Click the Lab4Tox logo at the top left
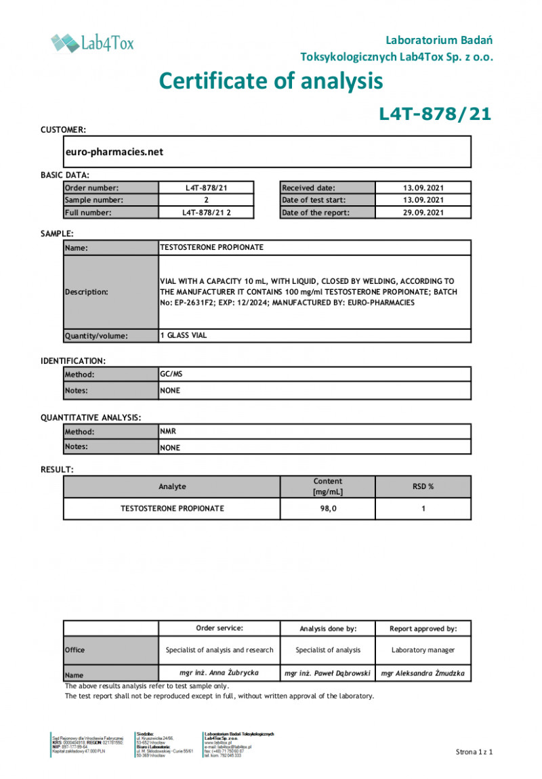(92, 43)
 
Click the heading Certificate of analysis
(271, 81)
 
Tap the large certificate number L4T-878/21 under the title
(434, 114)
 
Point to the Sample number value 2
(206, 200)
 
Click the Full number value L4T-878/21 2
(206, 212)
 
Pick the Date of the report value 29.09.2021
(423, 212)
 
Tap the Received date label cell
(327, 188)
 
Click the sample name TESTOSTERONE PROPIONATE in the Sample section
(211, 247)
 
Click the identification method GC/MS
(171, 373)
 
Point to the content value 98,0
(328, 508)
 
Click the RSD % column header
(423, 486)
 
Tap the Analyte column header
(172, 486)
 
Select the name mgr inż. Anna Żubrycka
(220, 673)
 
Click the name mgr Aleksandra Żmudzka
(423, 673)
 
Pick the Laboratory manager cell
(423, 650)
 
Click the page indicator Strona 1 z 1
(474, 752)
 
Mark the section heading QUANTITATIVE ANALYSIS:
(91, 418)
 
